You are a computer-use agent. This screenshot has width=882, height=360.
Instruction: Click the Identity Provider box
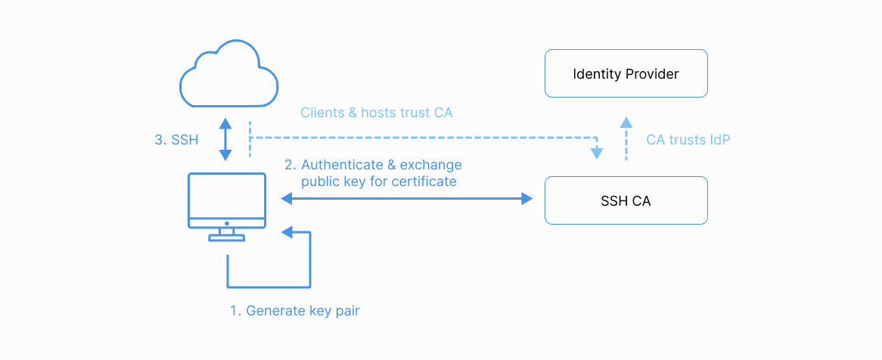(626, 73)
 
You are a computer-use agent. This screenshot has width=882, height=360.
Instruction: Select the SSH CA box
(626, 200)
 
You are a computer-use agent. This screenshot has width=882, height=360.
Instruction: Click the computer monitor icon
(227, 201)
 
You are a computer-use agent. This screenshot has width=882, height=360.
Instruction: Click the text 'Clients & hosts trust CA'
(377, 113)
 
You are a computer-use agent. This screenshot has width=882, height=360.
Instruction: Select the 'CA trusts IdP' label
(688, 140)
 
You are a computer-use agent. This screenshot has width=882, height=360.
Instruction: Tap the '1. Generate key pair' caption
(295, 311)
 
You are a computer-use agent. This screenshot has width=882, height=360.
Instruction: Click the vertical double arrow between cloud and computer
(225, 139)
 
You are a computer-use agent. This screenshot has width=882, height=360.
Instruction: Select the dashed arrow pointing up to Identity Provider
(626, 140)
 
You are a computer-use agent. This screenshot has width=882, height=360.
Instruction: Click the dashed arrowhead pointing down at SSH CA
(597, 153)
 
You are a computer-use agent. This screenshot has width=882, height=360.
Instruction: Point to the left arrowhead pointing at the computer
(287, 199)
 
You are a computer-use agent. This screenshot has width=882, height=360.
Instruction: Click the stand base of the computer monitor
(227, 237)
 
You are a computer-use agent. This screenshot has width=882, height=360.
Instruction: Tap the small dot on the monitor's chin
(227, 224)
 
